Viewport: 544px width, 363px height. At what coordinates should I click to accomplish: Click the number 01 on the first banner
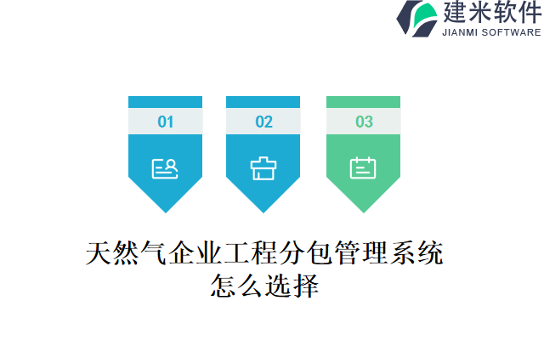[165, 122]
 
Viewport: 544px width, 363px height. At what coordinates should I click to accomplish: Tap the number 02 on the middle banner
[263, 122]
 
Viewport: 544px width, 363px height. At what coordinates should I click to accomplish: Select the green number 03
[364, 122]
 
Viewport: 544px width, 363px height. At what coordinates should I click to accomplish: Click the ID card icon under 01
[165, 168]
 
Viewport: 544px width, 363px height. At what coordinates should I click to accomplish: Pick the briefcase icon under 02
[263, 168]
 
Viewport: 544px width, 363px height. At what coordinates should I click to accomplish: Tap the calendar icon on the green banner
[363, 168]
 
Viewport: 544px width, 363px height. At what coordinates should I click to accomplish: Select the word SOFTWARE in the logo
[512, 32]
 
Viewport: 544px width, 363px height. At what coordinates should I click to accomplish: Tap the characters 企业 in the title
[190, 253]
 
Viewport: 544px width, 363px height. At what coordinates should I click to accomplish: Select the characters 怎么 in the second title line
[235, 286]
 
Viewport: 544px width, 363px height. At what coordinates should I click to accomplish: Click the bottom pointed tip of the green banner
[363, 208]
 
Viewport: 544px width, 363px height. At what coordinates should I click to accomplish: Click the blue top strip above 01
[165, 102]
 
